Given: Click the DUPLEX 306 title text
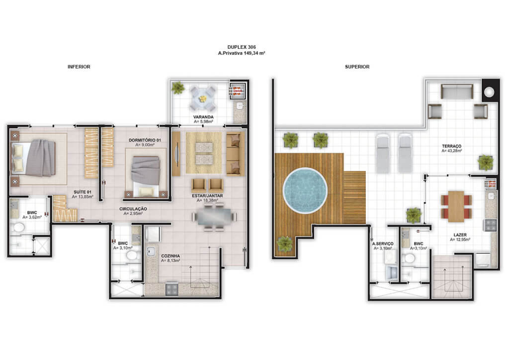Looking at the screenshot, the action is [242, 47].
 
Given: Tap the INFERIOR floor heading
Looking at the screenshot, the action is [79, 67].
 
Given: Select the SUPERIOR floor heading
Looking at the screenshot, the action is [357, 67].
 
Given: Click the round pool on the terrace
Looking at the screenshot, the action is [305, 190].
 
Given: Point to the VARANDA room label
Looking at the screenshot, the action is [203, 117].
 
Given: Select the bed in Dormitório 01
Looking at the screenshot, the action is [146, 176].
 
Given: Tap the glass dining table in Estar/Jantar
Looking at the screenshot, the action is [214, 216].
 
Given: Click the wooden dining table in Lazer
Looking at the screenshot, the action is [456, 206].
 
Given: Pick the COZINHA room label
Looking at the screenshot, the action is [170, 256].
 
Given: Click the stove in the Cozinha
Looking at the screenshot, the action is [171, 289].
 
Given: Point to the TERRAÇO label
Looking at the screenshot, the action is [451, 146].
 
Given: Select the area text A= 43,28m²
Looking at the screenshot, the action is [451, 151].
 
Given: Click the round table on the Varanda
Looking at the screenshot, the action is [203, 98].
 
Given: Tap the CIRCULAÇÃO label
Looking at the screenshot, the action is [133, 209].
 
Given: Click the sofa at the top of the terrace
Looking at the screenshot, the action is [457, 91].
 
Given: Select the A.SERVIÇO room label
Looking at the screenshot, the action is [383, 244].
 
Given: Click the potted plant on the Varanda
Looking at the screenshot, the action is [178, 88].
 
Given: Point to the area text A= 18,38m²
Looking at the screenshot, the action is [207, 200].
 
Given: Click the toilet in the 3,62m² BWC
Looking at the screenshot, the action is [18, 227].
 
